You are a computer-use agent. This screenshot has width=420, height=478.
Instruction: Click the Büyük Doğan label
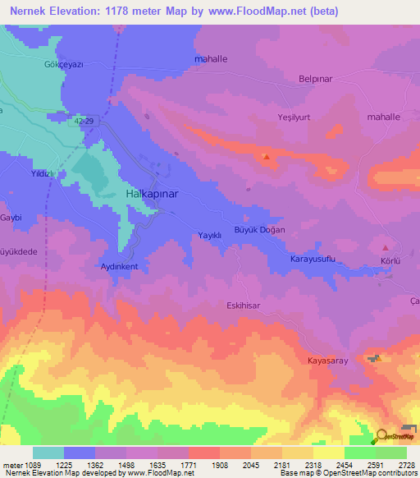pos(259,230)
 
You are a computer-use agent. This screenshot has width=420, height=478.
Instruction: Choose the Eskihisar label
pos(243,306)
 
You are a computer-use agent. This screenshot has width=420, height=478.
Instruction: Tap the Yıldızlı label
pos(42,174)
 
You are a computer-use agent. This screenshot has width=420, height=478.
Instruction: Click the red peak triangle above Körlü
pos(386,247)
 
